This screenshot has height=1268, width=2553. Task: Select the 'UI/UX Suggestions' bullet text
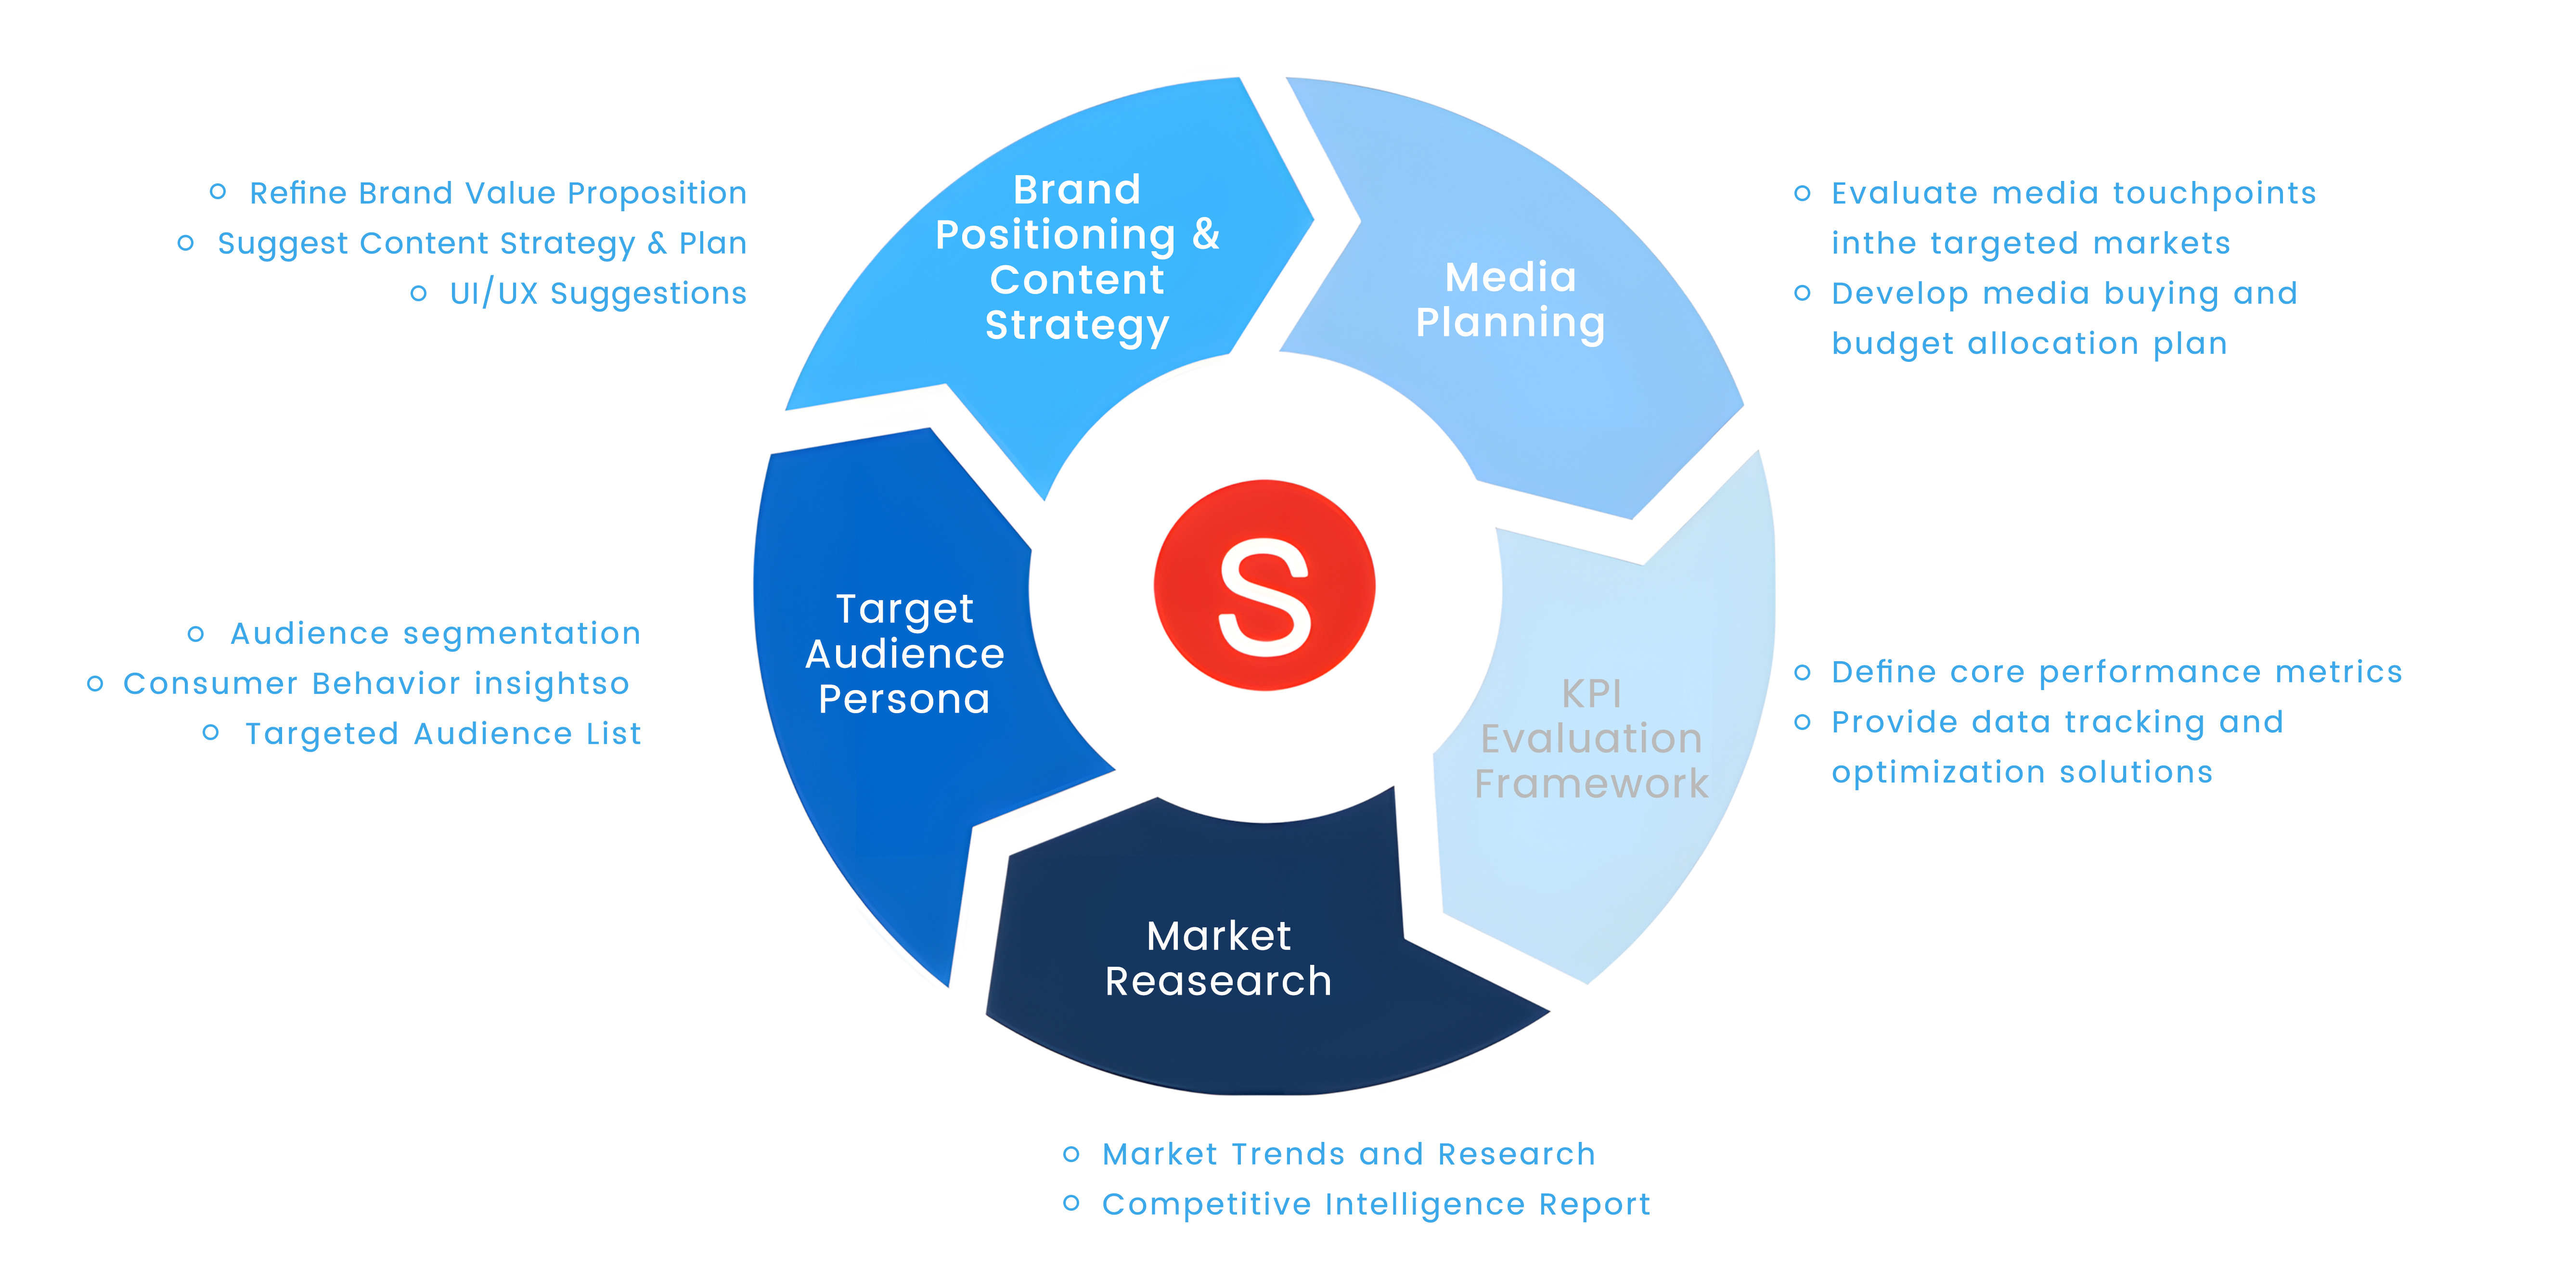(x=598, y=293)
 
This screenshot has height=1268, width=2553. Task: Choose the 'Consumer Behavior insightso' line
(x=375, y=683)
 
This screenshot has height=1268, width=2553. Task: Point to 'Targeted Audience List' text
(x=443, y=734)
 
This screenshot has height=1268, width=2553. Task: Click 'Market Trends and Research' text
(x=1349, y=1154)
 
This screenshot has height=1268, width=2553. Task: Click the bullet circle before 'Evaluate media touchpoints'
(x=1803, y=193)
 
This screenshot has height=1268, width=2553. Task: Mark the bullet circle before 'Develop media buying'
(x=1803, y=293)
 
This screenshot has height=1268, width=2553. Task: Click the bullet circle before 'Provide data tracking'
(x=1803, y=722)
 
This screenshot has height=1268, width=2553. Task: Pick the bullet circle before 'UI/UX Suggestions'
(x=418, y=293)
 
